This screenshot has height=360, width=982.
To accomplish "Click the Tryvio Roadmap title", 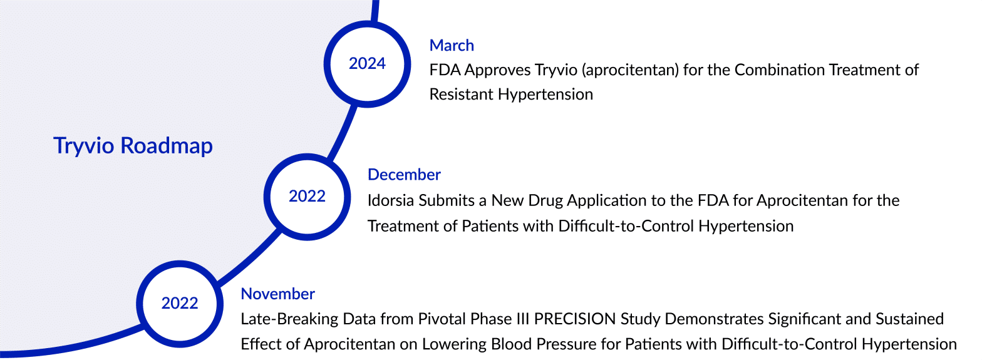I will coord(133,146).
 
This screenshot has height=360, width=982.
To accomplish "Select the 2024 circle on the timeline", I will coord(367,63).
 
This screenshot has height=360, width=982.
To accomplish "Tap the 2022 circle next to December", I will coord(307,196).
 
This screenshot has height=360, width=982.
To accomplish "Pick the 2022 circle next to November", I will coord(180,303).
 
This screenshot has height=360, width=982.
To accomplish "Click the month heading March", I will coord(452,45).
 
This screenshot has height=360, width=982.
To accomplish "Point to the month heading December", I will coord(404,175).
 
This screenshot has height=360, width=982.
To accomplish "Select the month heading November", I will coord(277,294).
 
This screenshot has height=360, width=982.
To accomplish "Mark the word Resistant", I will coord(461,95).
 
